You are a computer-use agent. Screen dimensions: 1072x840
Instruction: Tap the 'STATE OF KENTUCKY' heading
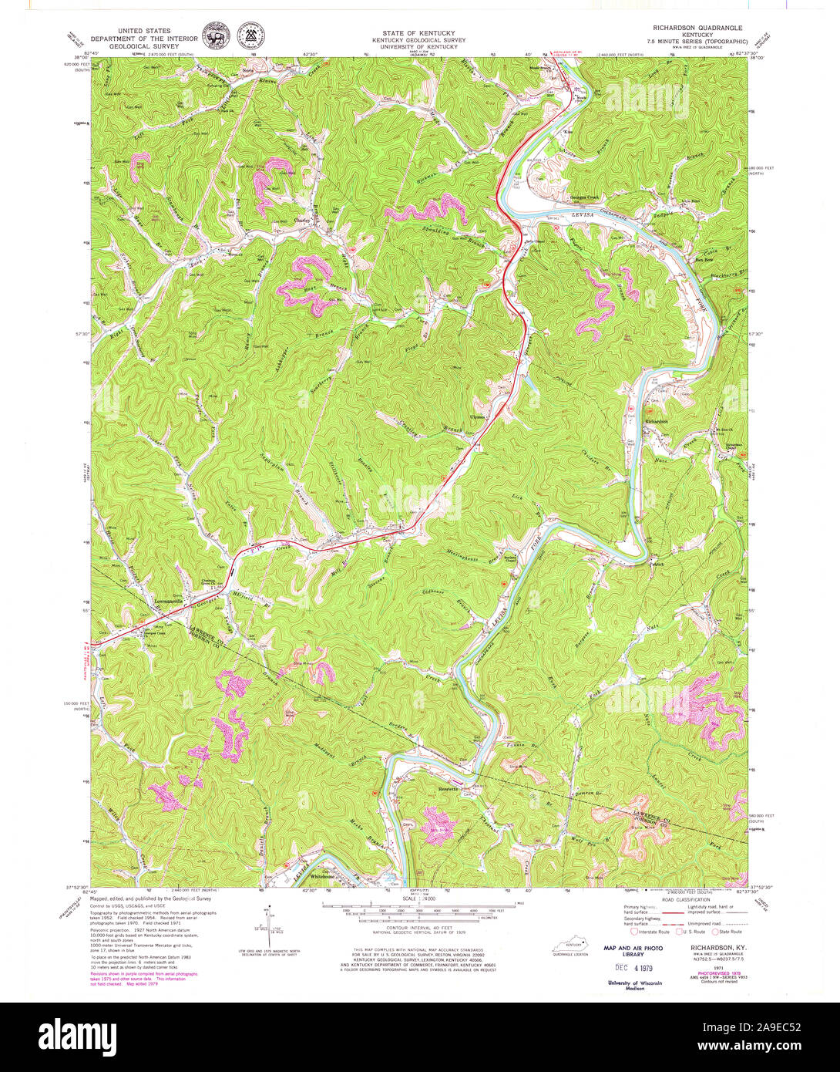click(419, 33)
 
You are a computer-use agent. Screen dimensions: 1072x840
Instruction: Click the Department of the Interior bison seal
click(216, 36)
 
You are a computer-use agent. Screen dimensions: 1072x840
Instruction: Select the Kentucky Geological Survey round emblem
click(248, 35)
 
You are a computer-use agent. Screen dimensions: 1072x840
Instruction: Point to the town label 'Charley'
click(304, 220)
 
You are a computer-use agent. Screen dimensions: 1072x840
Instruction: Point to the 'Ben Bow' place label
click(704, 259)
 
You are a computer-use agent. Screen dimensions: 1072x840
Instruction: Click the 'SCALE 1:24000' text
click(420, 898)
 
